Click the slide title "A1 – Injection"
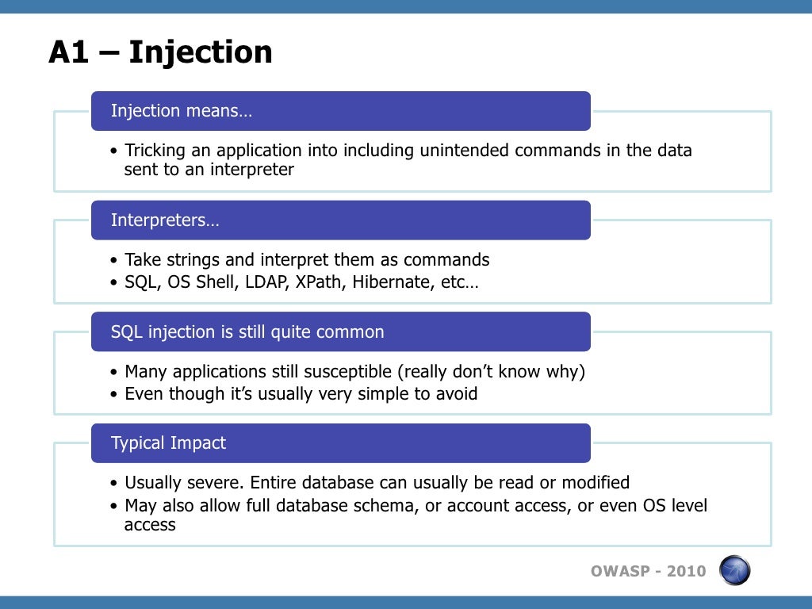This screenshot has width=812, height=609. [x=160, y=52]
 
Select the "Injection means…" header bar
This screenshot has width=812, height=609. [x=340, y=111]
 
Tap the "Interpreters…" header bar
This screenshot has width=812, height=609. [x=340, y=220]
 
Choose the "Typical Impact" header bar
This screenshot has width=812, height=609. [x=340, y=443]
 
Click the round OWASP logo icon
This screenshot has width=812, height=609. [x=734, y=570]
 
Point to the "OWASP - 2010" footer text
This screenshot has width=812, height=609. [x=648, y=571]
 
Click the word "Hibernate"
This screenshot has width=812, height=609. [x=393, y=282]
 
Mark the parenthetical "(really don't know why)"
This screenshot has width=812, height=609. [x=491, y=372]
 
